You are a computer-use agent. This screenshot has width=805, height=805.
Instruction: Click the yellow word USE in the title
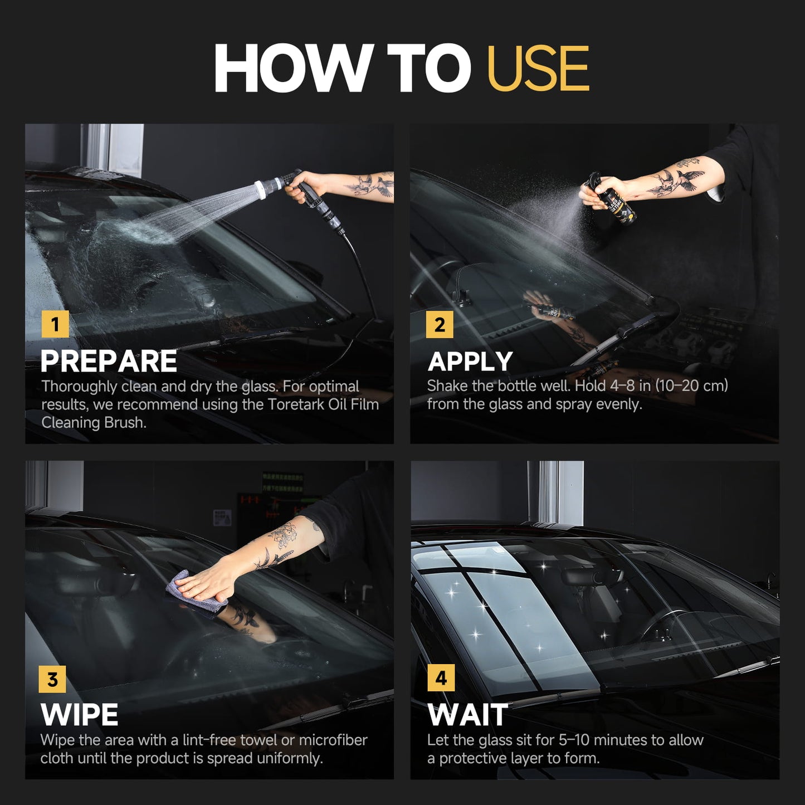click(x=538, y=69)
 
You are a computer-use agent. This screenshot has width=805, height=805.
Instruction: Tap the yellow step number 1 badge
click(x=55, y=324)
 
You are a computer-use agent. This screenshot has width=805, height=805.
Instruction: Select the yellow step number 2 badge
click(x=440, y=324)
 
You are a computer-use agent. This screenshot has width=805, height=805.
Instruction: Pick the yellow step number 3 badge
click(x=52, y=679)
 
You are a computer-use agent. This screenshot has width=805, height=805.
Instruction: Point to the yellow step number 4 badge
click(x=441, y=678)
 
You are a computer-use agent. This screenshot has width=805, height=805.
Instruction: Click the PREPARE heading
click(x=109, y=362)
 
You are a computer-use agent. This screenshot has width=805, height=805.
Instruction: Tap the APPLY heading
click(x=470, y=362)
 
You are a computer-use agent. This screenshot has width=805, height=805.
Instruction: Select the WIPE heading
click(x=80, y=715)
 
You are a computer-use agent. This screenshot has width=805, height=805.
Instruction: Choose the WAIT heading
click(x=468, y=715)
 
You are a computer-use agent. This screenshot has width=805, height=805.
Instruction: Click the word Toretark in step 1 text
click(x=295, y=404)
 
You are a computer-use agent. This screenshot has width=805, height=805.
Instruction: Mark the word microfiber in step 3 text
click(x=333, y=740)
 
